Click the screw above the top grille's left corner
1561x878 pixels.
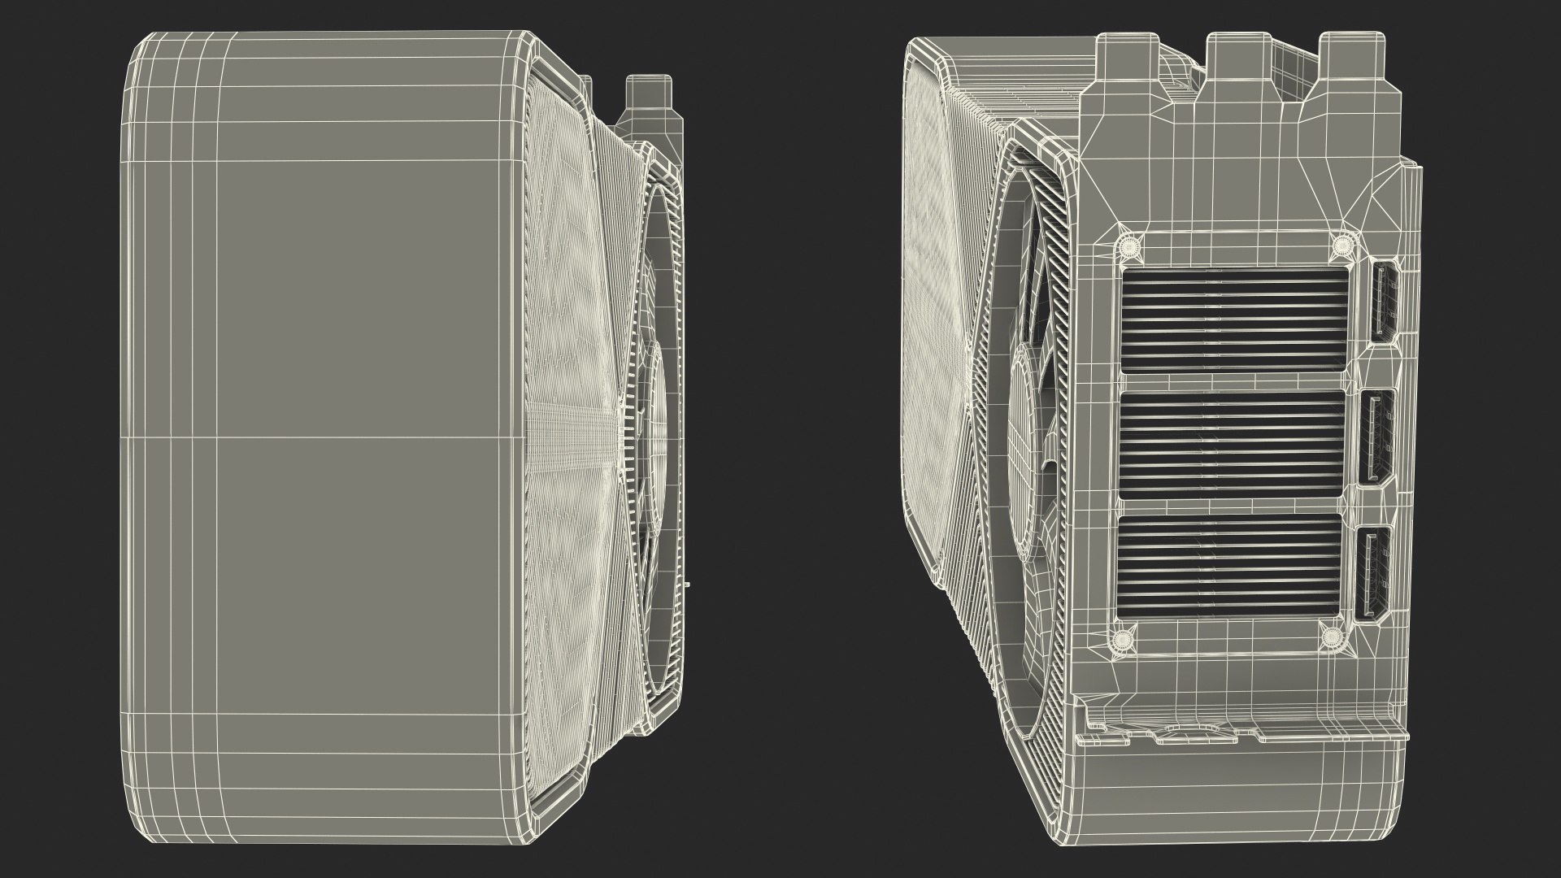click(x=1128, y=245)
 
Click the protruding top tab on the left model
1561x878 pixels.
click(x=650, y=102)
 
